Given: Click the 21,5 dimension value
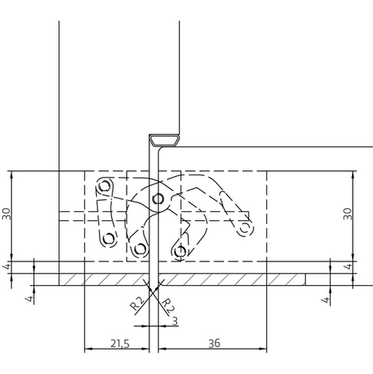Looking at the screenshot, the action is click(120, 344).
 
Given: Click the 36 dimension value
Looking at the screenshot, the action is click(215, 344).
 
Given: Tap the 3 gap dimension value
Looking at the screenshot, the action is click(175, 321).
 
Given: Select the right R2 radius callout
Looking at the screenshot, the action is click(168, 306).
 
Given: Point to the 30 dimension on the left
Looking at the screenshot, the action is click(6, 213).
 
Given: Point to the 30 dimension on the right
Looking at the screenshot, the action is click(348, 213).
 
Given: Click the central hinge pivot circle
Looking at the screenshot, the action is click(158, 199).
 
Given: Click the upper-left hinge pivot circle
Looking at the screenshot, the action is click(105, 186).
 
